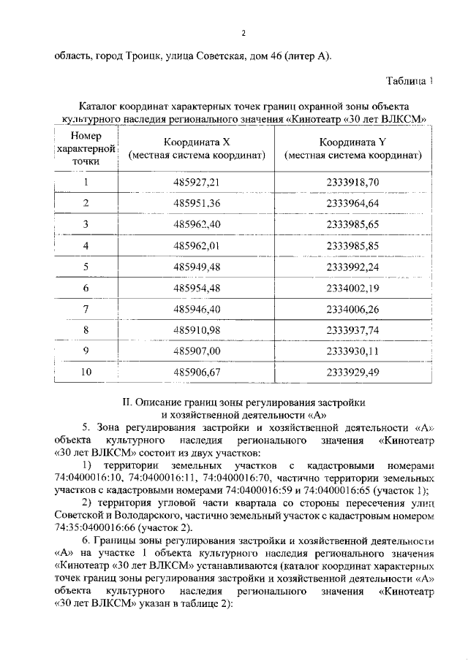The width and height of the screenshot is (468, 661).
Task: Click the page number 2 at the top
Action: click(x=244, y=33)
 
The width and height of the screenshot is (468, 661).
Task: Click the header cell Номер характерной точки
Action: click(x=86, y=149)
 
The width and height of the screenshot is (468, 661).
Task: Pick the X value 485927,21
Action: click(x=197, y=182)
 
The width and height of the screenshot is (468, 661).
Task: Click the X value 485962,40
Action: click(x=197, y=223)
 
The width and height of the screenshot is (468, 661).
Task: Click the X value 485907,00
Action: click(x=197, y=351)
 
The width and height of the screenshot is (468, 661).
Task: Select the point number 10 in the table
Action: click(x=86, y=372)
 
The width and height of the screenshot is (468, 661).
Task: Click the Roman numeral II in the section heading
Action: click(x=126, y=402)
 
